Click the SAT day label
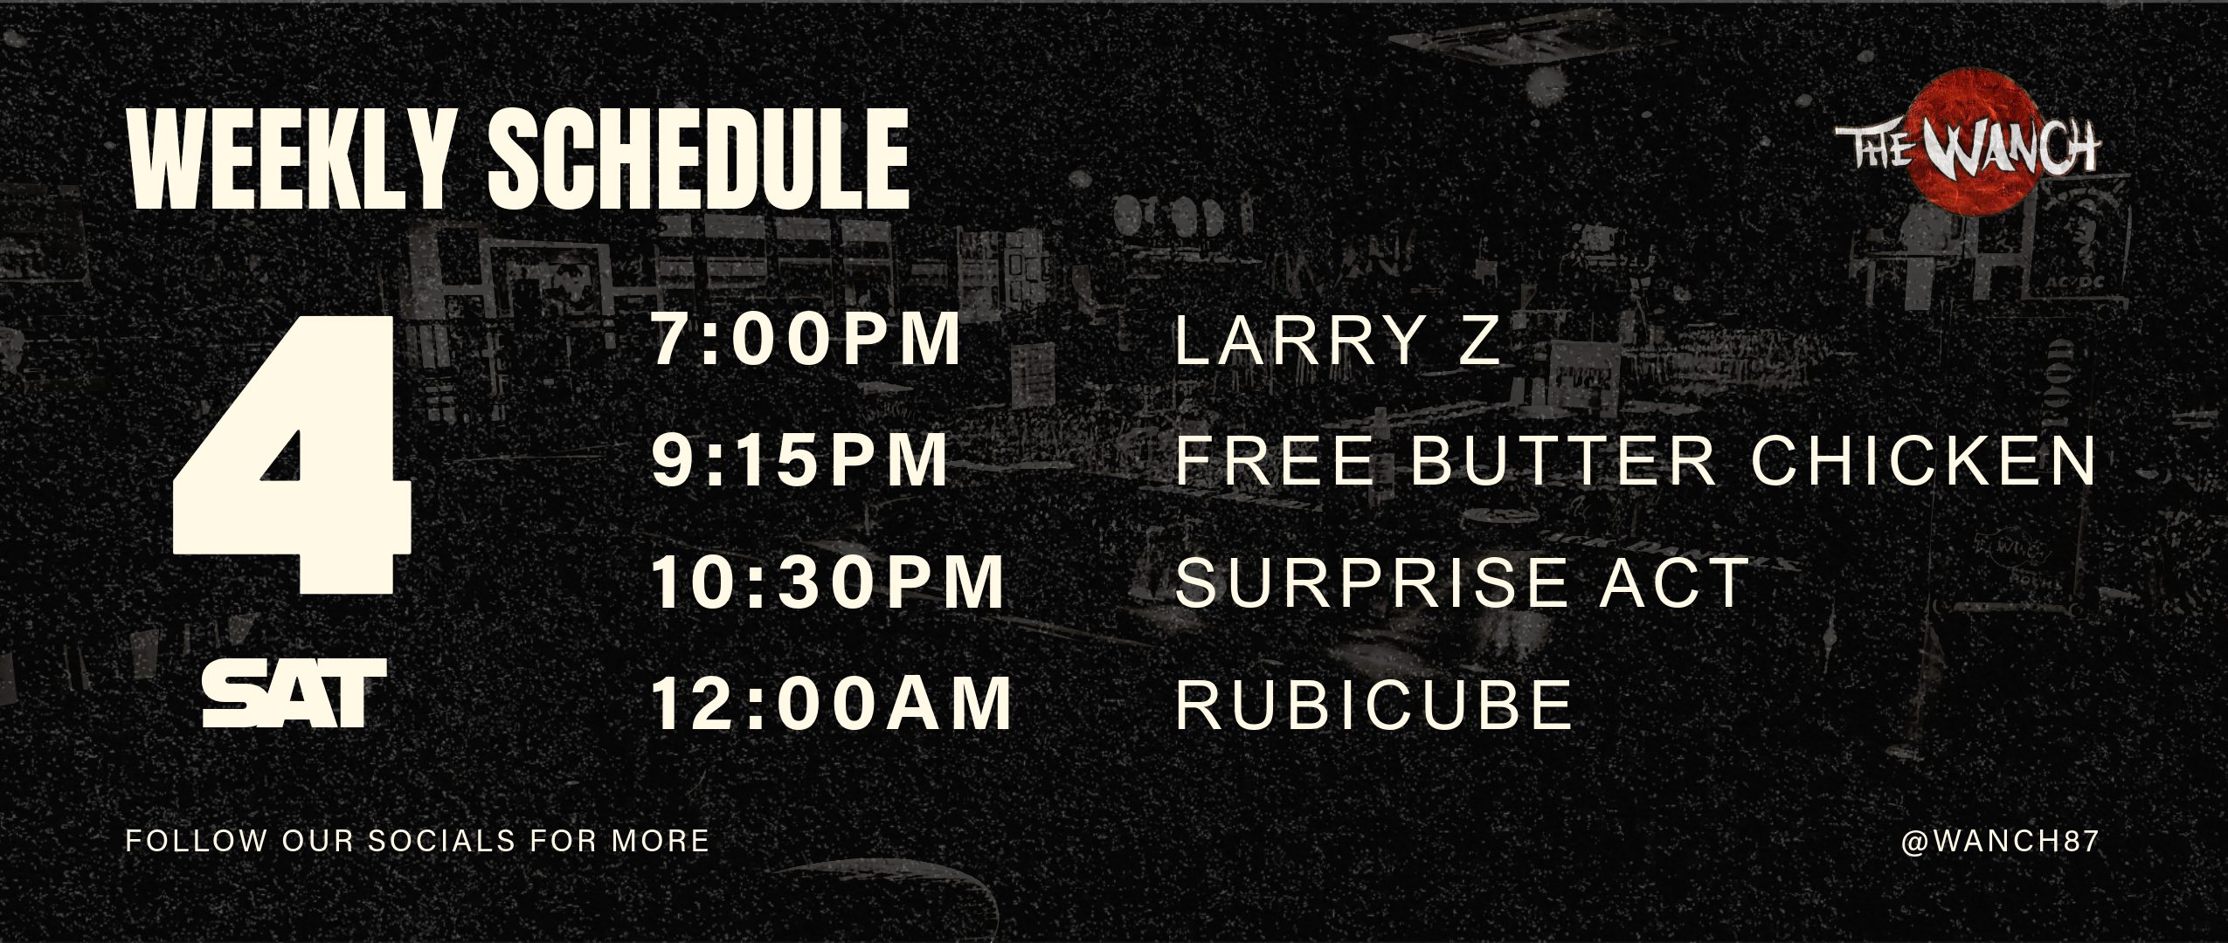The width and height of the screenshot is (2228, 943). (x=294, y=693)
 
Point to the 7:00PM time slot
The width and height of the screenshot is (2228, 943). (x=806, y=340)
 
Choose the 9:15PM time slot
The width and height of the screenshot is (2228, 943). (x=800, y=460)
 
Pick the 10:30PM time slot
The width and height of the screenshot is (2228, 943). (x=828, y=582)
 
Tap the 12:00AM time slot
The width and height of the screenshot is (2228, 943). (x=832, y=703)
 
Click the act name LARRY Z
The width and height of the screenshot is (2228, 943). (x=1338, y=341)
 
